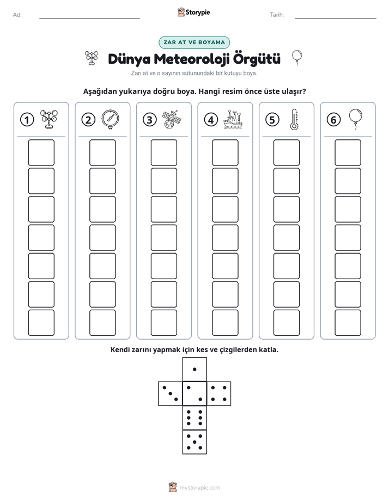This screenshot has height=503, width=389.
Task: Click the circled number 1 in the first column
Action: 27,120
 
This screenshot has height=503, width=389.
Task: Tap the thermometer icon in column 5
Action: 294,119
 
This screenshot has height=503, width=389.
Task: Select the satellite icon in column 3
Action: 172,119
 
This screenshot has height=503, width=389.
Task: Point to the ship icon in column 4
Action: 233,119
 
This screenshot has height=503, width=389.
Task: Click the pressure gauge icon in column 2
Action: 110,119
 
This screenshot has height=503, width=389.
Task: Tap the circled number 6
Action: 333,120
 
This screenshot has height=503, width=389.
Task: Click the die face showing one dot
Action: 194,370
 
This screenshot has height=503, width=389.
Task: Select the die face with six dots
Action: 194,418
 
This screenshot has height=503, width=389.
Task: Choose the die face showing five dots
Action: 194,441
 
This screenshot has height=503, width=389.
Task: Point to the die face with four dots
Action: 219,394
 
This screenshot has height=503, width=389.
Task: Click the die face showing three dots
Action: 171,394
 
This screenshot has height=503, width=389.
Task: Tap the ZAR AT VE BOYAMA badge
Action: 194,42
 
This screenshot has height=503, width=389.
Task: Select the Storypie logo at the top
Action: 193,13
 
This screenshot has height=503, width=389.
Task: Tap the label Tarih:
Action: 277,15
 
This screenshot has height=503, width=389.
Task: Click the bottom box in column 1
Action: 41,323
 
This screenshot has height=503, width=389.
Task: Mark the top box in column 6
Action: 348,152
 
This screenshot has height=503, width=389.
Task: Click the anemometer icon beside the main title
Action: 92,58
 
